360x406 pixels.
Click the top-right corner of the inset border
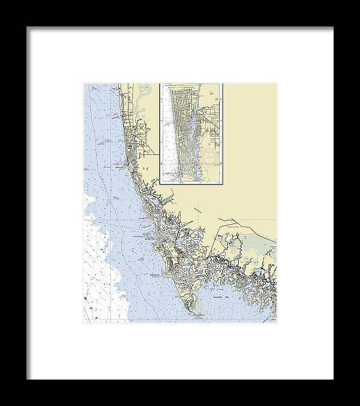coord(223,83)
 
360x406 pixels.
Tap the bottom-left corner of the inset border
coord(160,183)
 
